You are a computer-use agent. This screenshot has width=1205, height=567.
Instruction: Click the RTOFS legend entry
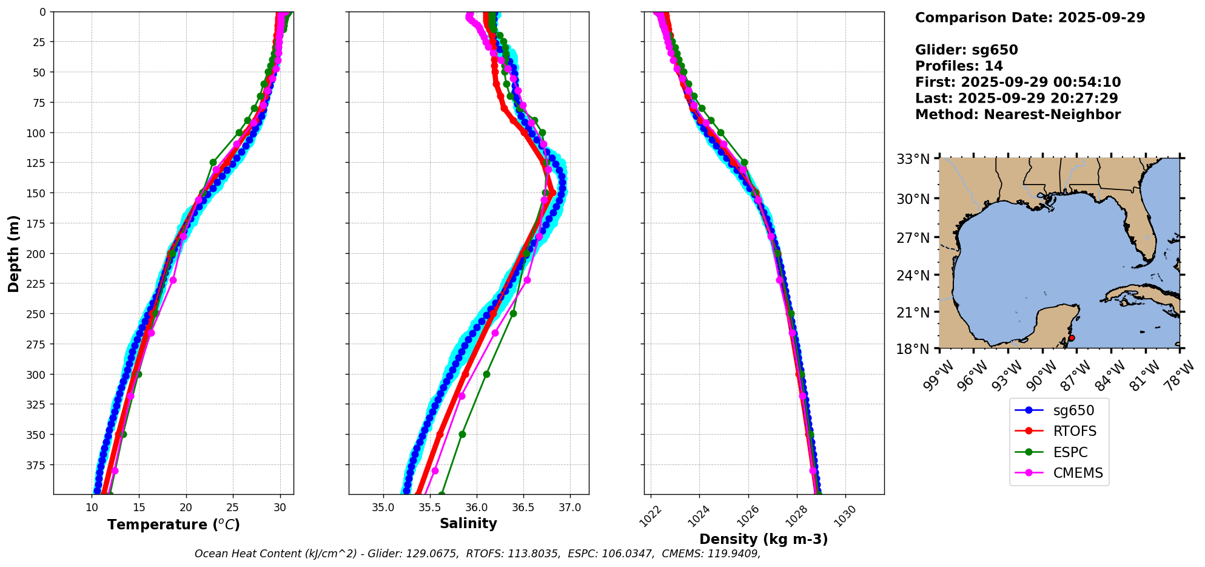click(x=1075, y=432)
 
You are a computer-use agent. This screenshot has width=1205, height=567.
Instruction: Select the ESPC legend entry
click(x=1070, y=453)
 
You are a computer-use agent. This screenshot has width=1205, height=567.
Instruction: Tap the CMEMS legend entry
click(x=1078, y=474)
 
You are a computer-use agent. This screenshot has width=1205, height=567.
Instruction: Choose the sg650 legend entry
click(x=1073, y=410)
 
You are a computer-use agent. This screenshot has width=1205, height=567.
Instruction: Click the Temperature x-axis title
click(x=173, y=525)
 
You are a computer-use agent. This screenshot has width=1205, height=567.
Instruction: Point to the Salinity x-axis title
click(x=468, y=524)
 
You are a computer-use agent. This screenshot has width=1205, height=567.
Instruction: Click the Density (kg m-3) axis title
click(x=764, y=539)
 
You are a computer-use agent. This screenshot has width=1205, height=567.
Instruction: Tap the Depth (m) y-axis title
click(x=14, y=253)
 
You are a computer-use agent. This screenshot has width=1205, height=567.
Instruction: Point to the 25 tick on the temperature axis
click(x=233, y=508)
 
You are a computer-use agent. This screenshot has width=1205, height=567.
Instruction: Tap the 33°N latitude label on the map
click(x=913, y=159)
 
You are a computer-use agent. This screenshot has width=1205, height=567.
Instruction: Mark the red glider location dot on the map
click(x=1072, y=338)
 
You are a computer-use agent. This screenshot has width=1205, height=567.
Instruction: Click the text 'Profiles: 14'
click(x=959, y=66)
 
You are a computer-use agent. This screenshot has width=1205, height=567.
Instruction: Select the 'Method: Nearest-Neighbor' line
click(x=1018, y=114)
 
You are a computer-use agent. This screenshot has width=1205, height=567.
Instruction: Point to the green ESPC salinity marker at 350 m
click(x=462, y=435)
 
